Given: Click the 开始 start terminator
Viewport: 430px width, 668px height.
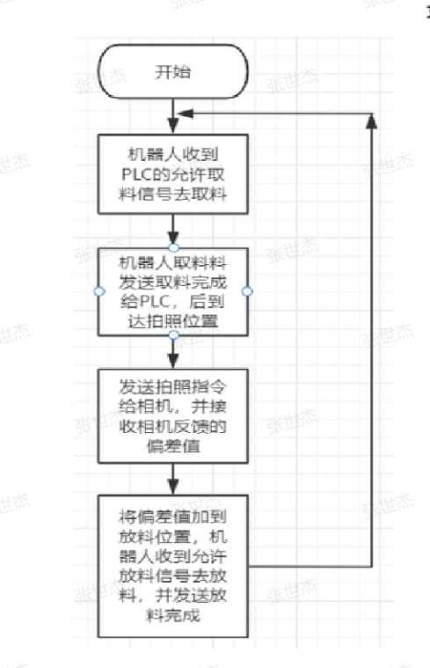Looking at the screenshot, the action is [x=173, y=71].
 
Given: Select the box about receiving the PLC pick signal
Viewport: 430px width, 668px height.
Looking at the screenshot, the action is [x=173, y=174].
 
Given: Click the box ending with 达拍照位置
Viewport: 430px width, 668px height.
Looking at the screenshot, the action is [x=173, y=292].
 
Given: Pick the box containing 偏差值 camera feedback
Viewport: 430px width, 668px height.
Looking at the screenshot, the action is [x=173, y=416].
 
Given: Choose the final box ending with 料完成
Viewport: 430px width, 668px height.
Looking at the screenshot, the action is [x=173, y=566].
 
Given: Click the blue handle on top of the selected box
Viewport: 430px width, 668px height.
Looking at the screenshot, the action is [x=174, y=247].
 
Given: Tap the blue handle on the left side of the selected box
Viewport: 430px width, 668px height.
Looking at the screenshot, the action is [x=99, y=291].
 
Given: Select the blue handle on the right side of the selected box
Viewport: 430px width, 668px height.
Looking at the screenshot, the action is [x=247, y=291].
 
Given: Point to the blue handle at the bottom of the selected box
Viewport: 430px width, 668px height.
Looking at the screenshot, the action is [x=174, y=334].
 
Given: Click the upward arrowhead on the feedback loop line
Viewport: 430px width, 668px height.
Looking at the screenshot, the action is [x=372, y=121].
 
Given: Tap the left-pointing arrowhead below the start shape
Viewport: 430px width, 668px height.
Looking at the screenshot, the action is [x=186, y=114].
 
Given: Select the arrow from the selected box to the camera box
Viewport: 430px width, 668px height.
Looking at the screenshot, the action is [x=173, y=352].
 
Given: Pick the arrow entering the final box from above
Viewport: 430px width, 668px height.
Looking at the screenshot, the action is [x=173, y=479].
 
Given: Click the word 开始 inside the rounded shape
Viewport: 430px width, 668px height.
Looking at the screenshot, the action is [x=173, y=71].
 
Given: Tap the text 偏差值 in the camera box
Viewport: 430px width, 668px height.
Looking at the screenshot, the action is [x=173, y=446].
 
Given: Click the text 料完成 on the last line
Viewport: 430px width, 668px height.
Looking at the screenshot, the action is [x=173, y=614].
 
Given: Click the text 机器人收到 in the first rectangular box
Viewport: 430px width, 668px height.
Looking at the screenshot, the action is [x=173, y=154].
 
